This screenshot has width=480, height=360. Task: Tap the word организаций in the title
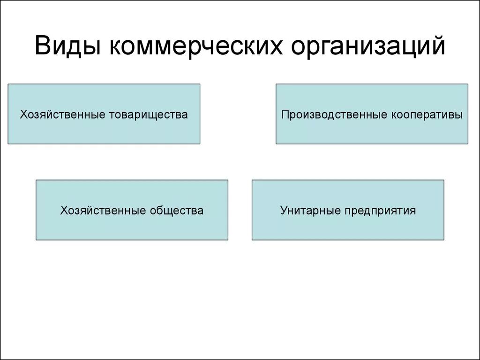coord(368,47)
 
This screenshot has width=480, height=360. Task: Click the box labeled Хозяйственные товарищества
coord(104,114)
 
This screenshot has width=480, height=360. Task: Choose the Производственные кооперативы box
coord(372,114)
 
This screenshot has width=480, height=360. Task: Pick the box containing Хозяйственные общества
coord(132,210)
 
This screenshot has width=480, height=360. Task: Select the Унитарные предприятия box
coord(348,210)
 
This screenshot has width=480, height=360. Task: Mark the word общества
coord(177,210)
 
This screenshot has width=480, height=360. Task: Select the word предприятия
coord(380,210)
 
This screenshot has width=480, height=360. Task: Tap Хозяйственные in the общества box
coord(103,210)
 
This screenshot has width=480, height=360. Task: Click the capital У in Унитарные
coord(284,210)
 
